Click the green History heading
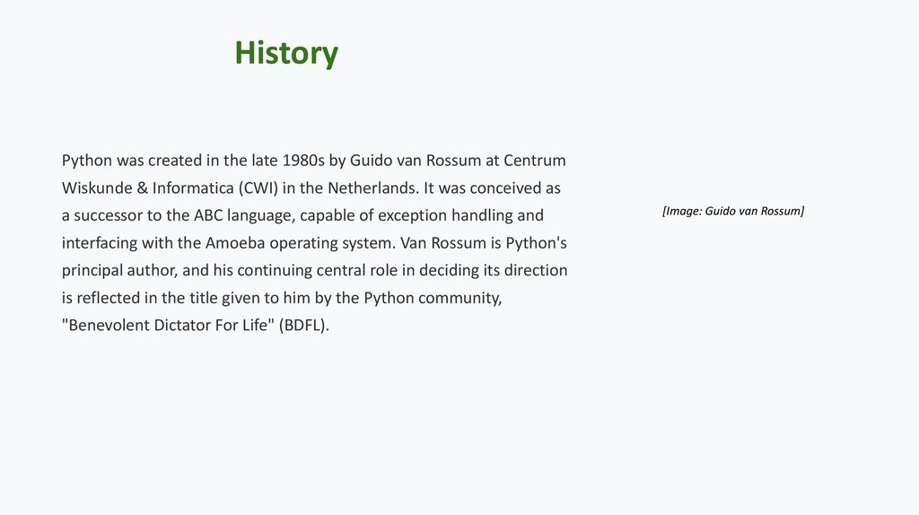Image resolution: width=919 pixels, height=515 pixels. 286,53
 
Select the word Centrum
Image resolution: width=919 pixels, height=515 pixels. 535,161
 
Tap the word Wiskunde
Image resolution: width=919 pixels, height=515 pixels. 96,188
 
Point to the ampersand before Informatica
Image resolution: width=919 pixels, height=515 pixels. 142,188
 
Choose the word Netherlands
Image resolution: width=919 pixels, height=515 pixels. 370,188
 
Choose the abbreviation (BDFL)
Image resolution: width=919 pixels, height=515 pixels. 304,326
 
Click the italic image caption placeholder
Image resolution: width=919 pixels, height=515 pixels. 733,212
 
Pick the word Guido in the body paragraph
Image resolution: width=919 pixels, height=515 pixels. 371,161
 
